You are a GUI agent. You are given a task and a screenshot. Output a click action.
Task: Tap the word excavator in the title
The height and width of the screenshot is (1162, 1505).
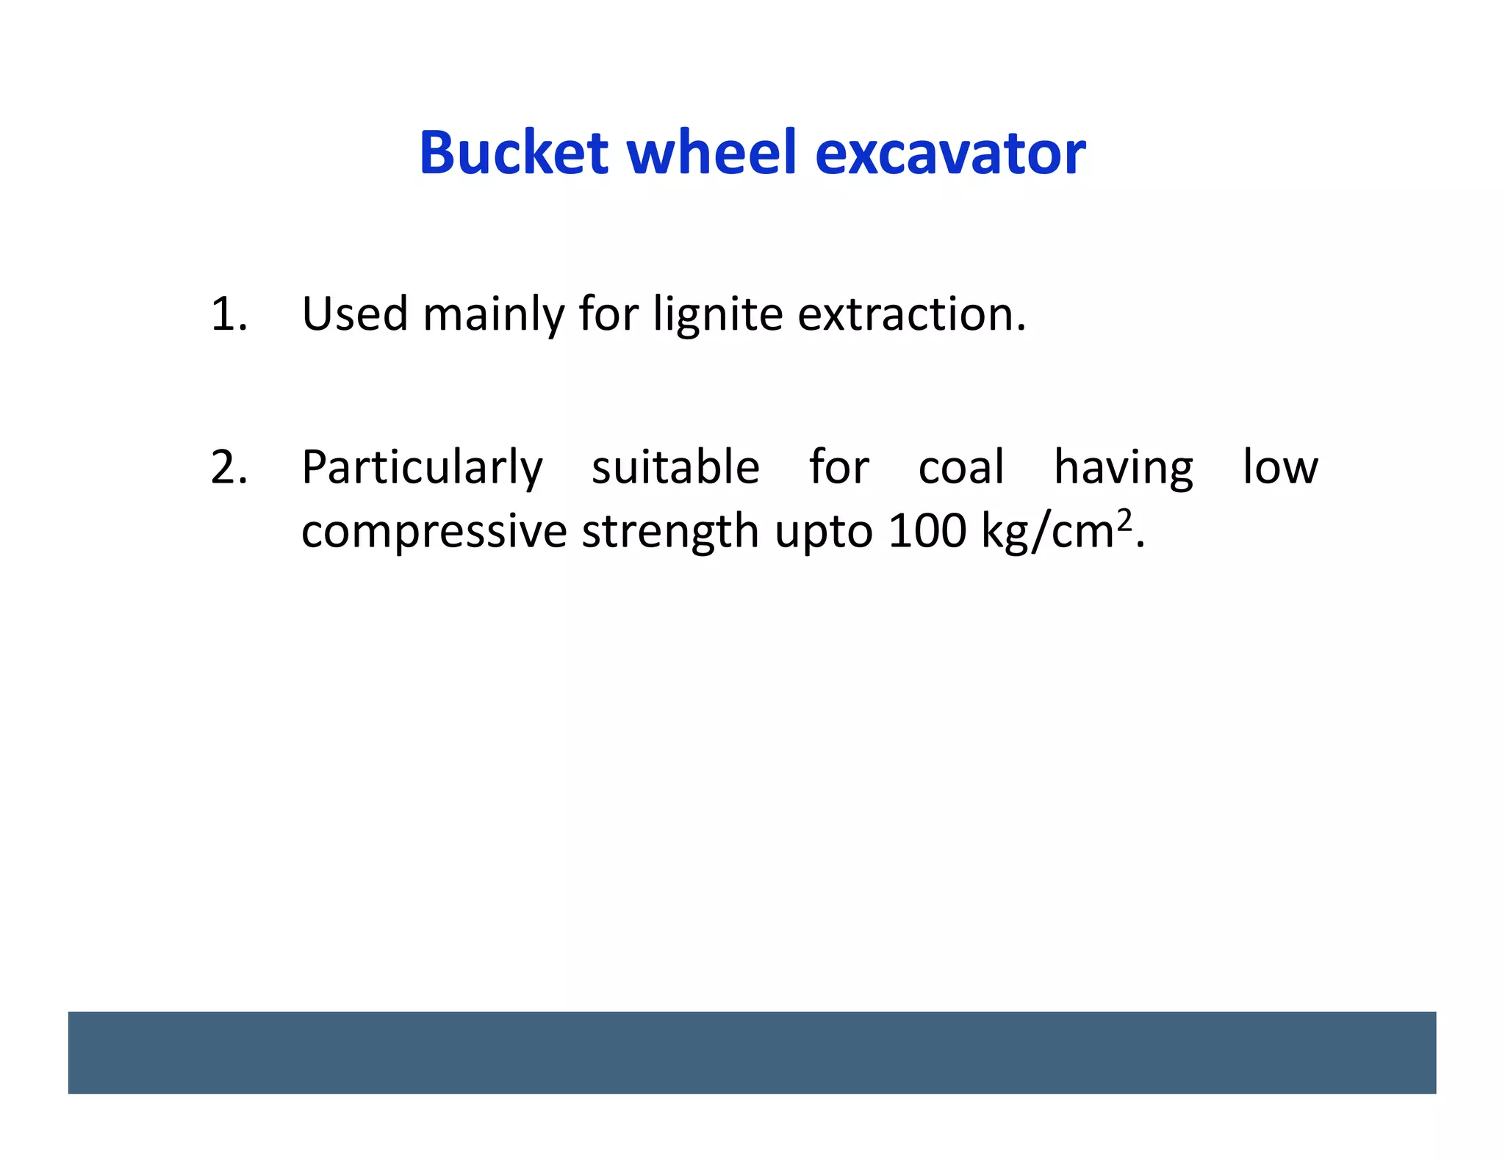coord(950,154)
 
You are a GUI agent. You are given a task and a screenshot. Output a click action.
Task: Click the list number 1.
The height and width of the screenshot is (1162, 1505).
coord(228,314)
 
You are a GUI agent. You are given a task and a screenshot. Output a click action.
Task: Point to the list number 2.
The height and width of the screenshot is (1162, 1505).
coord(228,467)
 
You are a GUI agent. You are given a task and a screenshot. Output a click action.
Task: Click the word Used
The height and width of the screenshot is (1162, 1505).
coord(354,314)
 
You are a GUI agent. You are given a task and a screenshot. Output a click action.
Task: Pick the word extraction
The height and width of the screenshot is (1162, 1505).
coord(911,314)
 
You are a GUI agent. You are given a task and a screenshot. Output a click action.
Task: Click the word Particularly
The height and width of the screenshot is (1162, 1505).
coord(422,469)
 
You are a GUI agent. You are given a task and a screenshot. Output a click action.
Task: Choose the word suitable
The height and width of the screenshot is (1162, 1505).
coord(675,467)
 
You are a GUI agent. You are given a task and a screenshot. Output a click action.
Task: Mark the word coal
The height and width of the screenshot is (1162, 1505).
coord(961,467)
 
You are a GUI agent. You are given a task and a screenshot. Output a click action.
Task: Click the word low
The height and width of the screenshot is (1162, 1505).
coord(1280,467)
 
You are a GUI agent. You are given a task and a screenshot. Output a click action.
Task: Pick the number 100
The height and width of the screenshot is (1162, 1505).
coord(927,530)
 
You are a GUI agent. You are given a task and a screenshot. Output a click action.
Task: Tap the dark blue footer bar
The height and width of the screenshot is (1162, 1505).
coord(752,1052)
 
